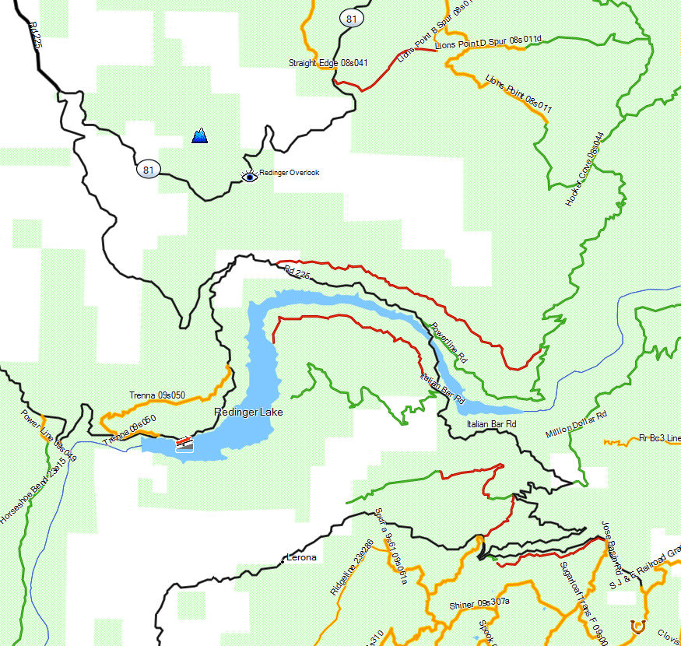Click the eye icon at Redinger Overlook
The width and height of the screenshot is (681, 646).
249,177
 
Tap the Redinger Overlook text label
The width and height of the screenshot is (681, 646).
289,173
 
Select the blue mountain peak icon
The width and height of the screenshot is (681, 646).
200,136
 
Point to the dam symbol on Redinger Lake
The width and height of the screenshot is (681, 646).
184,443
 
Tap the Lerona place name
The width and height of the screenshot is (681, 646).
302,557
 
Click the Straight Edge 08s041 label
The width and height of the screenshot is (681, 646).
328,63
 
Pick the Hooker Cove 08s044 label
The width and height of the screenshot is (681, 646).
584,169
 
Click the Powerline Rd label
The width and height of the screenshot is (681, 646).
449,343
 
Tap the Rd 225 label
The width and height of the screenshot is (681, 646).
35,35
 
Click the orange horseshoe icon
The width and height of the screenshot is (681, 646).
638,624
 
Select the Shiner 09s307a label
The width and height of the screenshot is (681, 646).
479,604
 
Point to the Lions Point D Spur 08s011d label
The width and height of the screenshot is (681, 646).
489,42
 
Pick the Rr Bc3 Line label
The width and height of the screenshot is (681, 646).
659,438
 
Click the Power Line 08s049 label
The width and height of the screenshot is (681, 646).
48,436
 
